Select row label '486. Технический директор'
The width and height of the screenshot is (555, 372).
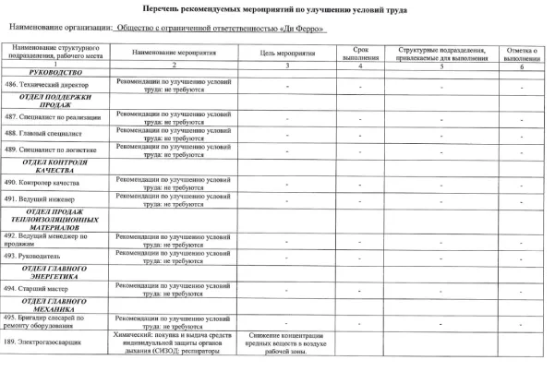coord(51,85)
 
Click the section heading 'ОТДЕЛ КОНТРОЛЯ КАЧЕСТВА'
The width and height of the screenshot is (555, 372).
coord(57,166)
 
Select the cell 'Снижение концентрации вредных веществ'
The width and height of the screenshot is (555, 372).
coord(288,341)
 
